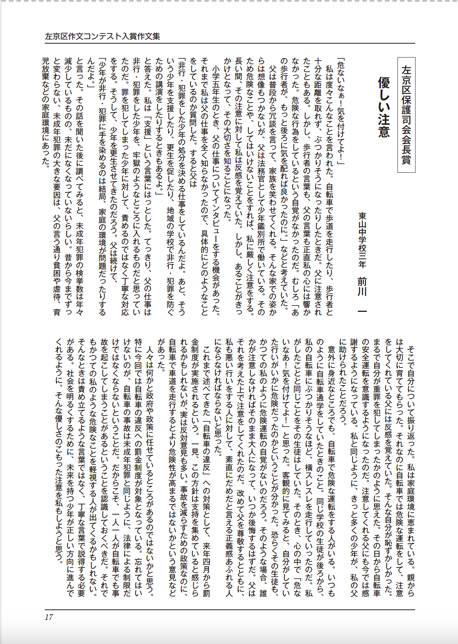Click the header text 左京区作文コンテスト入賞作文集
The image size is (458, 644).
tap(102, 36)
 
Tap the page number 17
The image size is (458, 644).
tap(49, 617)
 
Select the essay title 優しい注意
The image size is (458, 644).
tap(384, 107)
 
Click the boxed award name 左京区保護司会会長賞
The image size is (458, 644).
tap(406, 115)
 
